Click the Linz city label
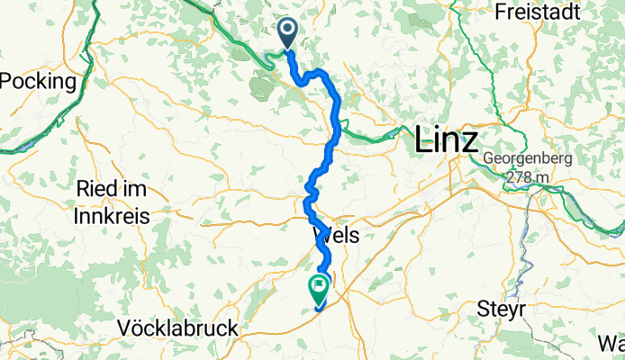(447, 141)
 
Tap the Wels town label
(336, 236)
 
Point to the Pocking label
(38, 81)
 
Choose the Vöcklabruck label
(177, 329)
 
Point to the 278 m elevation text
(528, 177)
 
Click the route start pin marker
(288, 34)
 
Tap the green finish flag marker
(320, 290)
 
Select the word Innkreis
(113, 216)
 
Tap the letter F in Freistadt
(500, 13)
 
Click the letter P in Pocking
(7, 81)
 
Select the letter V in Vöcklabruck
(124, 329)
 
